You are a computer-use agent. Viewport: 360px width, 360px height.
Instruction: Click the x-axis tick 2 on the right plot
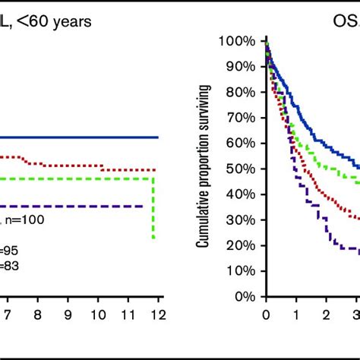[x=326, y=314]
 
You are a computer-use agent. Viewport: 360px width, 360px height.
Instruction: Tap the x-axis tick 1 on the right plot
[x=295, y=314]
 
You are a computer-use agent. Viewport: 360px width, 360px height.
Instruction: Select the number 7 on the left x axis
[x=5, y=314]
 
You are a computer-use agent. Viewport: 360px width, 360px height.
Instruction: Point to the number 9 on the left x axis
[x=68, y=314]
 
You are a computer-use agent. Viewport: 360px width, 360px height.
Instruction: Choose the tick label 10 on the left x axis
[x=98, y=314]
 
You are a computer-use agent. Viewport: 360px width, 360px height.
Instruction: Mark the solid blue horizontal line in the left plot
[x=76, y=137]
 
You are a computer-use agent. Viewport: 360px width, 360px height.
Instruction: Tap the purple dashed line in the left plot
[x=76, y=206]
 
